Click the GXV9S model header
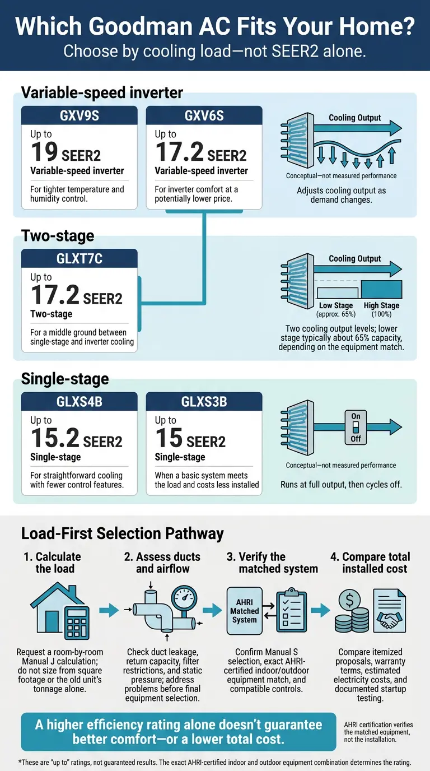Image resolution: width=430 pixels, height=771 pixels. pyautogui.click(x=80, y=115)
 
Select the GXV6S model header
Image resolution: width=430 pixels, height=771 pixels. pyautogui.click(x=204, y=115)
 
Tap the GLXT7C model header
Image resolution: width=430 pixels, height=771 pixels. pyautogui.click(x=80, y=258)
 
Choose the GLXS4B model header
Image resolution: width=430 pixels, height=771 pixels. pyautogui.click(x=80, y=402)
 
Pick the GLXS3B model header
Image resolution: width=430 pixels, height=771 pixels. pyautogui.click(x=204, y=402)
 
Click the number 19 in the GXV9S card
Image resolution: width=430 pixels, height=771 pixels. pyautogui.click(x=44, y=152)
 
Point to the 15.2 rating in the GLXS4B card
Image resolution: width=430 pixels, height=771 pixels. pyautogui.click(x=55, y=438)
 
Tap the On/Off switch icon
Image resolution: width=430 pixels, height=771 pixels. pyautogui.click(x=356, y=427)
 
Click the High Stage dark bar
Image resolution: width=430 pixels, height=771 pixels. pyautogui.click(x=381, y=290)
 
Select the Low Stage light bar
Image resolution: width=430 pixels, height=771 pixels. pyautogui.click(x=338, y=293)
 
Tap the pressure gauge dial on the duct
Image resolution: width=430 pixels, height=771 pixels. pyautogui.click(x=184, y=598)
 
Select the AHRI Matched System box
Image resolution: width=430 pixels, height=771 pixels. pyautogui.click(x=245, y=611)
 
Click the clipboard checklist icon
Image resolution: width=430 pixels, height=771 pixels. pyautogui.click(x=292, y=610)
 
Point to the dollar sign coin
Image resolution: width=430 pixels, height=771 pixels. pyautogui.click(x=349, y=600)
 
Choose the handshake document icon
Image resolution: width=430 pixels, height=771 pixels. pyautogui.click(x=390, y=611)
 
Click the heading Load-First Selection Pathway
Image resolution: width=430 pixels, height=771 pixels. pyautogui.click(x=123, y=534)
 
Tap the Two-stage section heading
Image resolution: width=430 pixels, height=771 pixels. pyautogui.click(x=58, y=236)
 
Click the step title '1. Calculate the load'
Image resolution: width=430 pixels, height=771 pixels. pyautogui.click(x=53, y=563)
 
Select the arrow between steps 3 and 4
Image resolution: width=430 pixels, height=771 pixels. pyautogui.click(x=321, y=610)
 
